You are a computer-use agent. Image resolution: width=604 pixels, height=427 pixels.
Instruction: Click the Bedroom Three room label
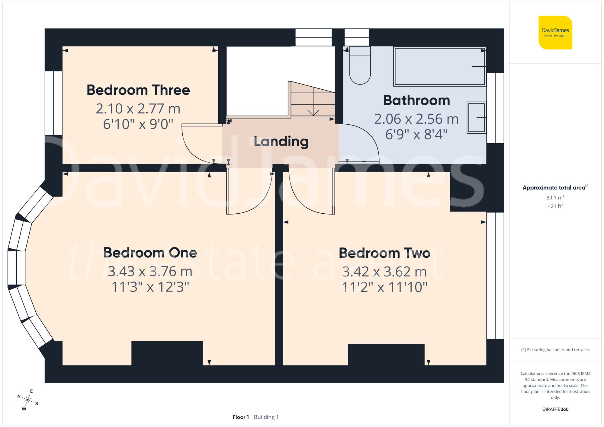138,90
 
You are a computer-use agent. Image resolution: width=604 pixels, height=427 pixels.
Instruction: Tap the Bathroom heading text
416,100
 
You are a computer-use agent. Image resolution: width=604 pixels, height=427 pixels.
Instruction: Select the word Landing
281,141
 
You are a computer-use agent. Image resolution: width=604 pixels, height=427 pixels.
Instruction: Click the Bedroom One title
150,253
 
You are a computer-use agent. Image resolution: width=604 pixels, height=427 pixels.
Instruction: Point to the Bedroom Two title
384,253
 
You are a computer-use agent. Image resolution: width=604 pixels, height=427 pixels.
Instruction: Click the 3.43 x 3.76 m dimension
150,271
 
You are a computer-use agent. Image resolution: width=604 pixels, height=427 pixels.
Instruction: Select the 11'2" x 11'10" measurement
384,287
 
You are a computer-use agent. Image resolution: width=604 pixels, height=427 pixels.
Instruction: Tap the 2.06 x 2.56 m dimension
416,119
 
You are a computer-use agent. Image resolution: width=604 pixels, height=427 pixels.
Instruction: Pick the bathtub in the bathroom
439,66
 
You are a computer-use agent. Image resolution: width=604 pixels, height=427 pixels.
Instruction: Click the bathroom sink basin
476,118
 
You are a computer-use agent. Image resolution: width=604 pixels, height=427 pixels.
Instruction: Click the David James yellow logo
555,33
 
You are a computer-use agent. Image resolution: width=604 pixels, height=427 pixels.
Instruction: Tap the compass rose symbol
27,400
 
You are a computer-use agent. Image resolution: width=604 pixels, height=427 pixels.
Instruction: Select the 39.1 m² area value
555,198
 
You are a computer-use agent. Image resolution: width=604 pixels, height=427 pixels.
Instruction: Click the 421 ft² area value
555,206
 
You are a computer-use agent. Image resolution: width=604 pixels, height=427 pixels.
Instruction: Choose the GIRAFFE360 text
555,409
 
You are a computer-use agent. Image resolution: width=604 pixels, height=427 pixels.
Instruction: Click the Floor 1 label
240,417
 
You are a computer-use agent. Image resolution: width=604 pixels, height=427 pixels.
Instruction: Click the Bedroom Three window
53,103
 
